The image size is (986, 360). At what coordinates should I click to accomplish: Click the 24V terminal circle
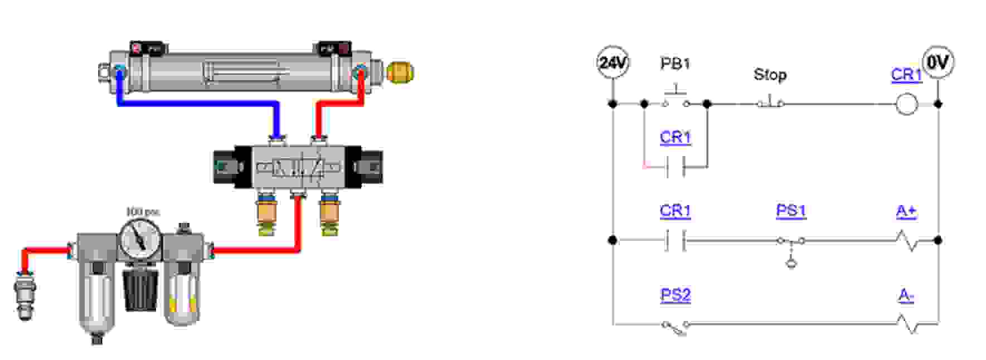point(613,62)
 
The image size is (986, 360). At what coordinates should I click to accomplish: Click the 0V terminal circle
point(938,62)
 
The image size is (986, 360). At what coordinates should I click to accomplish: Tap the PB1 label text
point(675,64)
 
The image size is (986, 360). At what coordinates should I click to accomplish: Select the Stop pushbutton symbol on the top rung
point(771,102)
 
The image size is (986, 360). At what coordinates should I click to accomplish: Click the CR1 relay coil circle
point(906,104)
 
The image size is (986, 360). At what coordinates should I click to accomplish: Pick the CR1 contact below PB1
point(676,166)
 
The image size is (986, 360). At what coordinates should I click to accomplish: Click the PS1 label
point(790,211)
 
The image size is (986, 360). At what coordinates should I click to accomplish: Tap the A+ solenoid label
point(906,211)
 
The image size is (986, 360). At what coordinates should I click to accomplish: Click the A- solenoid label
point(906,296)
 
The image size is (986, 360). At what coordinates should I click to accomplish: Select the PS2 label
point(675,295)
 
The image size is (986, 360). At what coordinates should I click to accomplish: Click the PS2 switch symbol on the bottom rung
point(675,327)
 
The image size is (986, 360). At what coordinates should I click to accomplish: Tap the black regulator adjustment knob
point(140,289)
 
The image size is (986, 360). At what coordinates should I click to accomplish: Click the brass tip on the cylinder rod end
point(401,72)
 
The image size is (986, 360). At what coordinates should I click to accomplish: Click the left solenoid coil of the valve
point(225,166)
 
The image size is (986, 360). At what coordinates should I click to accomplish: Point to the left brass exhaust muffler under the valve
point(267,214)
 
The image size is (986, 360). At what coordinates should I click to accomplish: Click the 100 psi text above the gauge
point(143,212)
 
